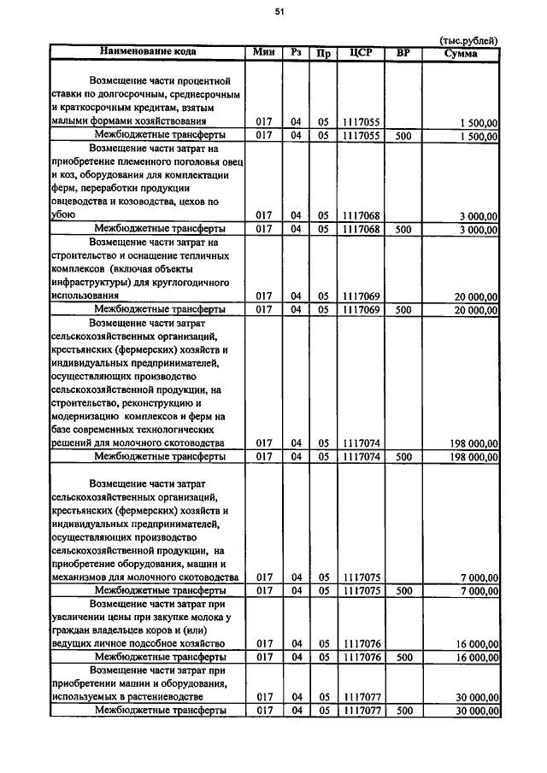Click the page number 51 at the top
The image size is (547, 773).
pyautogui.click(x=279, y=11)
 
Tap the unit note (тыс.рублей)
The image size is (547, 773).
pyautogui.click(x=468, y=40)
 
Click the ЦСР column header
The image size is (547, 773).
pyautogui.click(x=361, y=52)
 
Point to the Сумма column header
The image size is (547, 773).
pyautogui.click(x=461, y=53)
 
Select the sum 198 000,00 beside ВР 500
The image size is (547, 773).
pyautogui.click(x=473, y=457)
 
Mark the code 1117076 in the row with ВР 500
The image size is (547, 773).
pyautogui.click(x=361, y=657)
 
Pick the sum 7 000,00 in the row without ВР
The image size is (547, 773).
pyautogui.click(x=479, y=577)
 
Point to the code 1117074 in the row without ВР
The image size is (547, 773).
pyautogui.click(x=361, y=443)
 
